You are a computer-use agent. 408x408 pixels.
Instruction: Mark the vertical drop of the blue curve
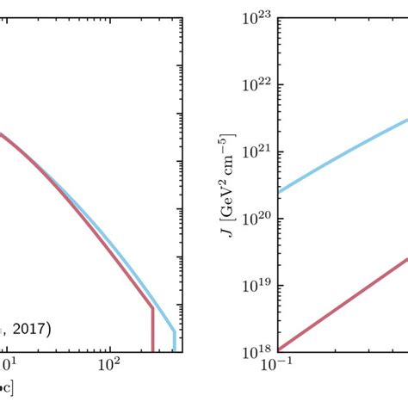pyautogui.click(x=174, y=341)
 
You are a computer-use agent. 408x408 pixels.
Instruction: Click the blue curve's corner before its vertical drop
pyautogui.click(x=174, y=331)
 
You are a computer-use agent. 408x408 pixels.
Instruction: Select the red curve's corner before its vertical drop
pyautogui.click(x=153, y=308)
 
